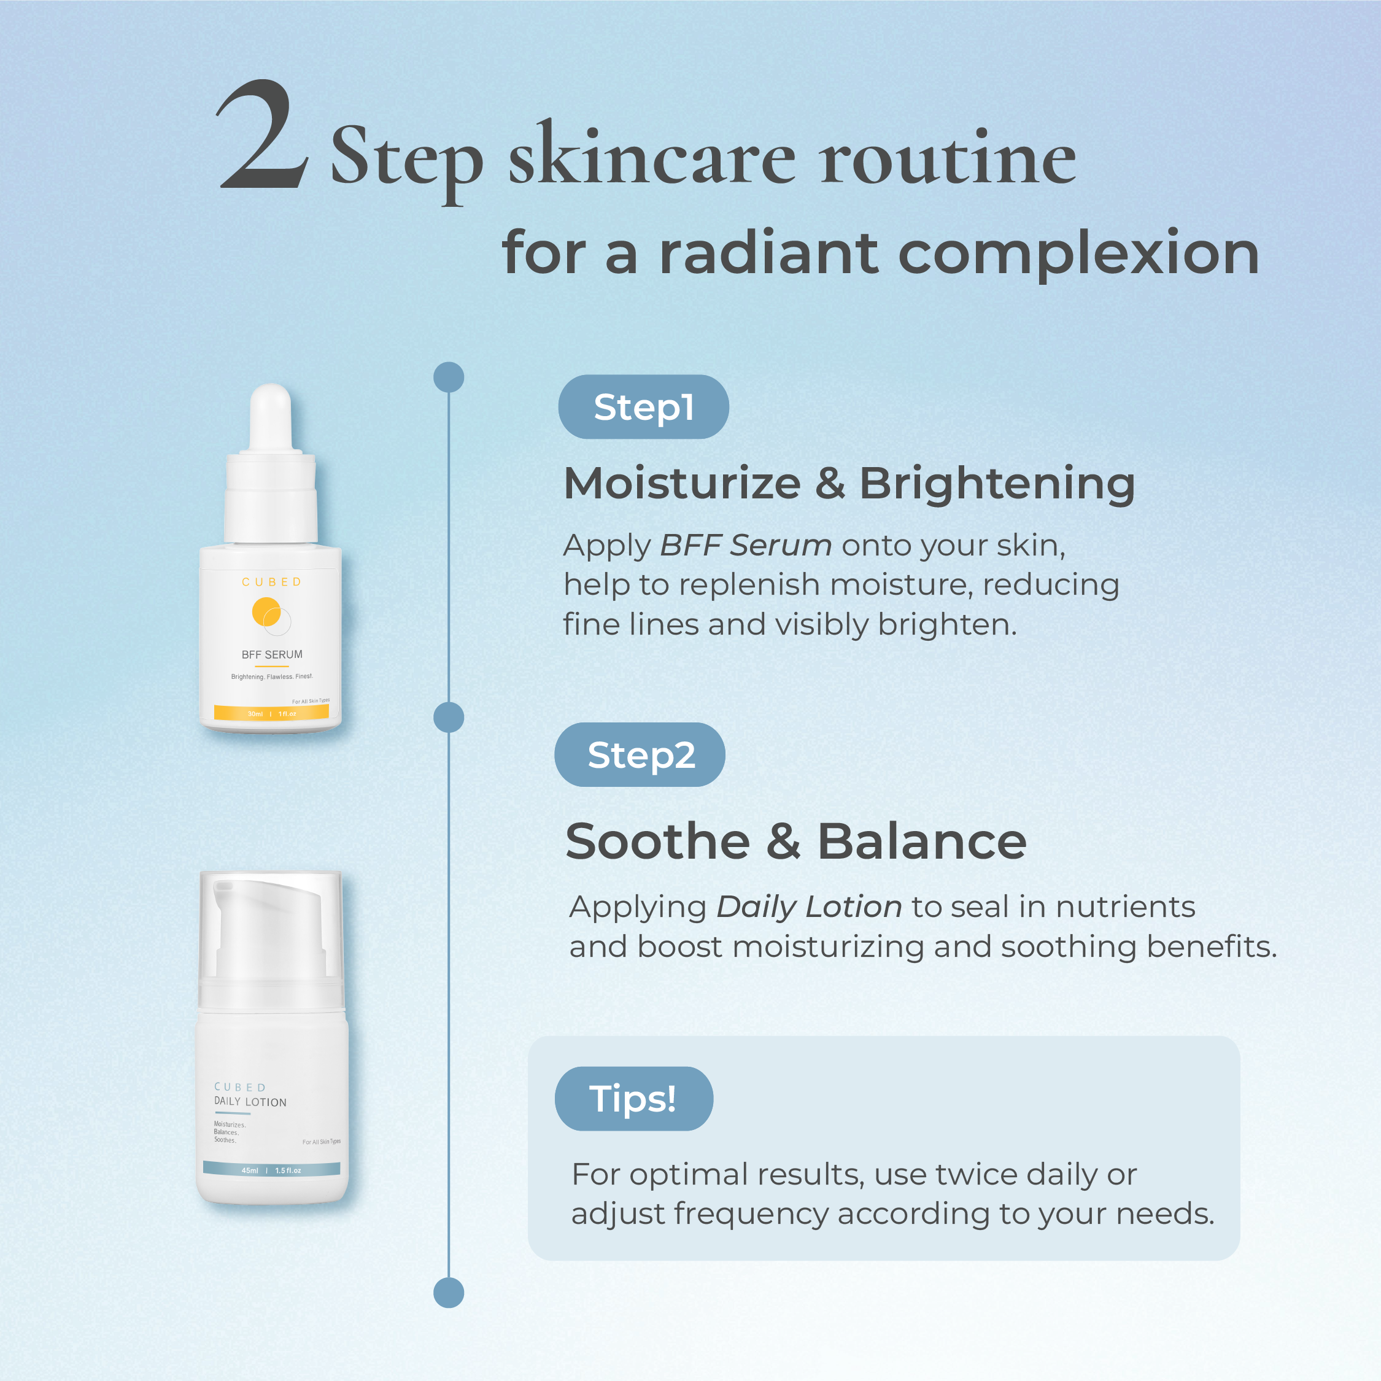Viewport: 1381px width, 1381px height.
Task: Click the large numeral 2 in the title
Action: pyautogui.click(x=263, y=134)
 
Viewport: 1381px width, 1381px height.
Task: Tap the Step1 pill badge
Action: pyautogui.click(x=643, y=407)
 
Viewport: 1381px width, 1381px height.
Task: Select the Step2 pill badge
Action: pyautogui.click(x=640, y=755)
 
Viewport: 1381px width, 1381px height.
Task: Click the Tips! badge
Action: pyautogui.click(x=633, y=1099)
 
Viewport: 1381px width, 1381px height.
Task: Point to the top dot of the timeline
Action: pyautogui.click(x=449, y=377)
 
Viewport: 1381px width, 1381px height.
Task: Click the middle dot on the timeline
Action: pyautogui.click(x=449, y=717)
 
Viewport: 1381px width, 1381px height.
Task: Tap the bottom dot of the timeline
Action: pyautogui.click(x=449, y=1293)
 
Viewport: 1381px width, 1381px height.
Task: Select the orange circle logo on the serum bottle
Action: pyautogui.click(x=266, y=613)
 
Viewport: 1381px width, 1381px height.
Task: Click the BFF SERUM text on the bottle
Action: pyautogui.click(x=272, y=655)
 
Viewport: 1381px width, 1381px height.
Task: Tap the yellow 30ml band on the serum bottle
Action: pyautogui.click(x=272, y=713)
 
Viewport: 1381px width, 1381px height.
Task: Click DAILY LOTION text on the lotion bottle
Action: pyautogui.click(x=250, y=1102)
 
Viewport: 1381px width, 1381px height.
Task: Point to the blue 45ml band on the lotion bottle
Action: pyautogui.click(x=272, y=1170)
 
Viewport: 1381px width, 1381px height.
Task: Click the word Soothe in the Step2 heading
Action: pyautogui.click(x=657, y=841)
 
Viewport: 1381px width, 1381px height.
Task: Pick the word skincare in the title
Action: pyautogui.click(x=652, y=156)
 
